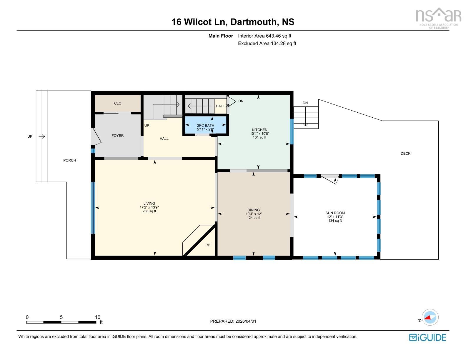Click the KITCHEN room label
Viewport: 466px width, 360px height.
(259, 130)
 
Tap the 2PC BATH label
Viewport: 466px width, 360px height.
(205, 126)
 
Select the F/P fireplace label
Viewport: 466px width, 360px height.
(207, 245)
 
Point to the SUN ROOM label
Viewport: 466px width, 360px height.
(335, 213)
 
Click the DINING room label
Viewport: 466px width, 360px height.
(253, 210)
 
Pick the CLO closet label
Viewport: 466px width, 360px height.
(117, 103)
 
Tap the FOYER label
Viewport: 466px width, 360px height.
(117, 136)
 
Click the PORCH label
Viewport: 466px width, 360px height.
(69, 160)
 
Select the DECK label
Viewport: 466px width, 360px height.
(405, 154)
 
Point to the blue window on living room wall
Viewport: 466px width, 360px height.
(93, 208)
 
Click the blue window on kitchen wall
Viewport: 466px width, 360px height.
(292, 131)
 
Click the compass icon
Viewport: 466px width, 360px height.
(430, 317)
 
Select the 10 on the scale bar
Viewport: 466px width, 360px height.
(97, 317)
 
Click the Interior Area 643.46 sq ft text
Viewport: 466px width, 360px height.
(264, 36)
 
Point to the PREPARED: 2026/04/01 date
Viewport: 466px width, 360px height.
(233, 321)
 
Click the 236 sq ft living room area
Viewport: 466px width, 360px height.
(149, 211)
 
